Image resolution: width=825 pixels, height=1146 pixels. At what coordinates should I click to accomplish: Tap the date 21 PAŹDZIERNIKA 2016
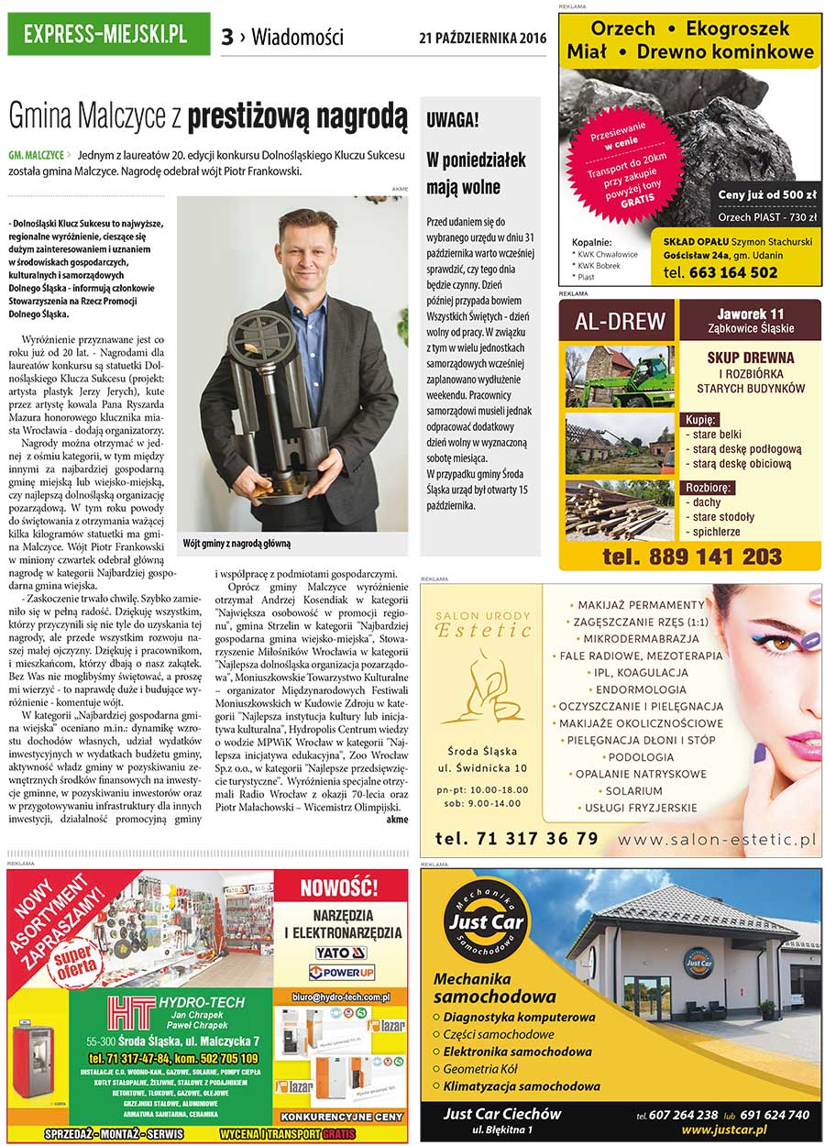(482, 39)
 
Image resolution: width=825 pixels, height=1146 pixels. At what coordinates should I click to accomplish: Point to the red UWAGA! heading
(453, 119)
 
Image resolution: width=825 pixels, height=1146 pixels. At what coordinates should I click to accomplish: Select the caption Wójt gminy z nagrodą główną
(237, 544)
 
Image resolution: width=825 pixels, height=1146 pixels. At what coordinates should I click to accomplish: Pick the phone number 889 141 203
(692, 556)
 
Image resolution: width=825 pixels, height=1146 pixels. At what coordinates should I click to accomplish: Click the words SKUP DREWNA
(750, 358)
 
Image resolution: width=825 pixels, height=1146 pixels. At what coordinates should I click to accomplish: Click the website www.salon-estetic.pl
(717, 838)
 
